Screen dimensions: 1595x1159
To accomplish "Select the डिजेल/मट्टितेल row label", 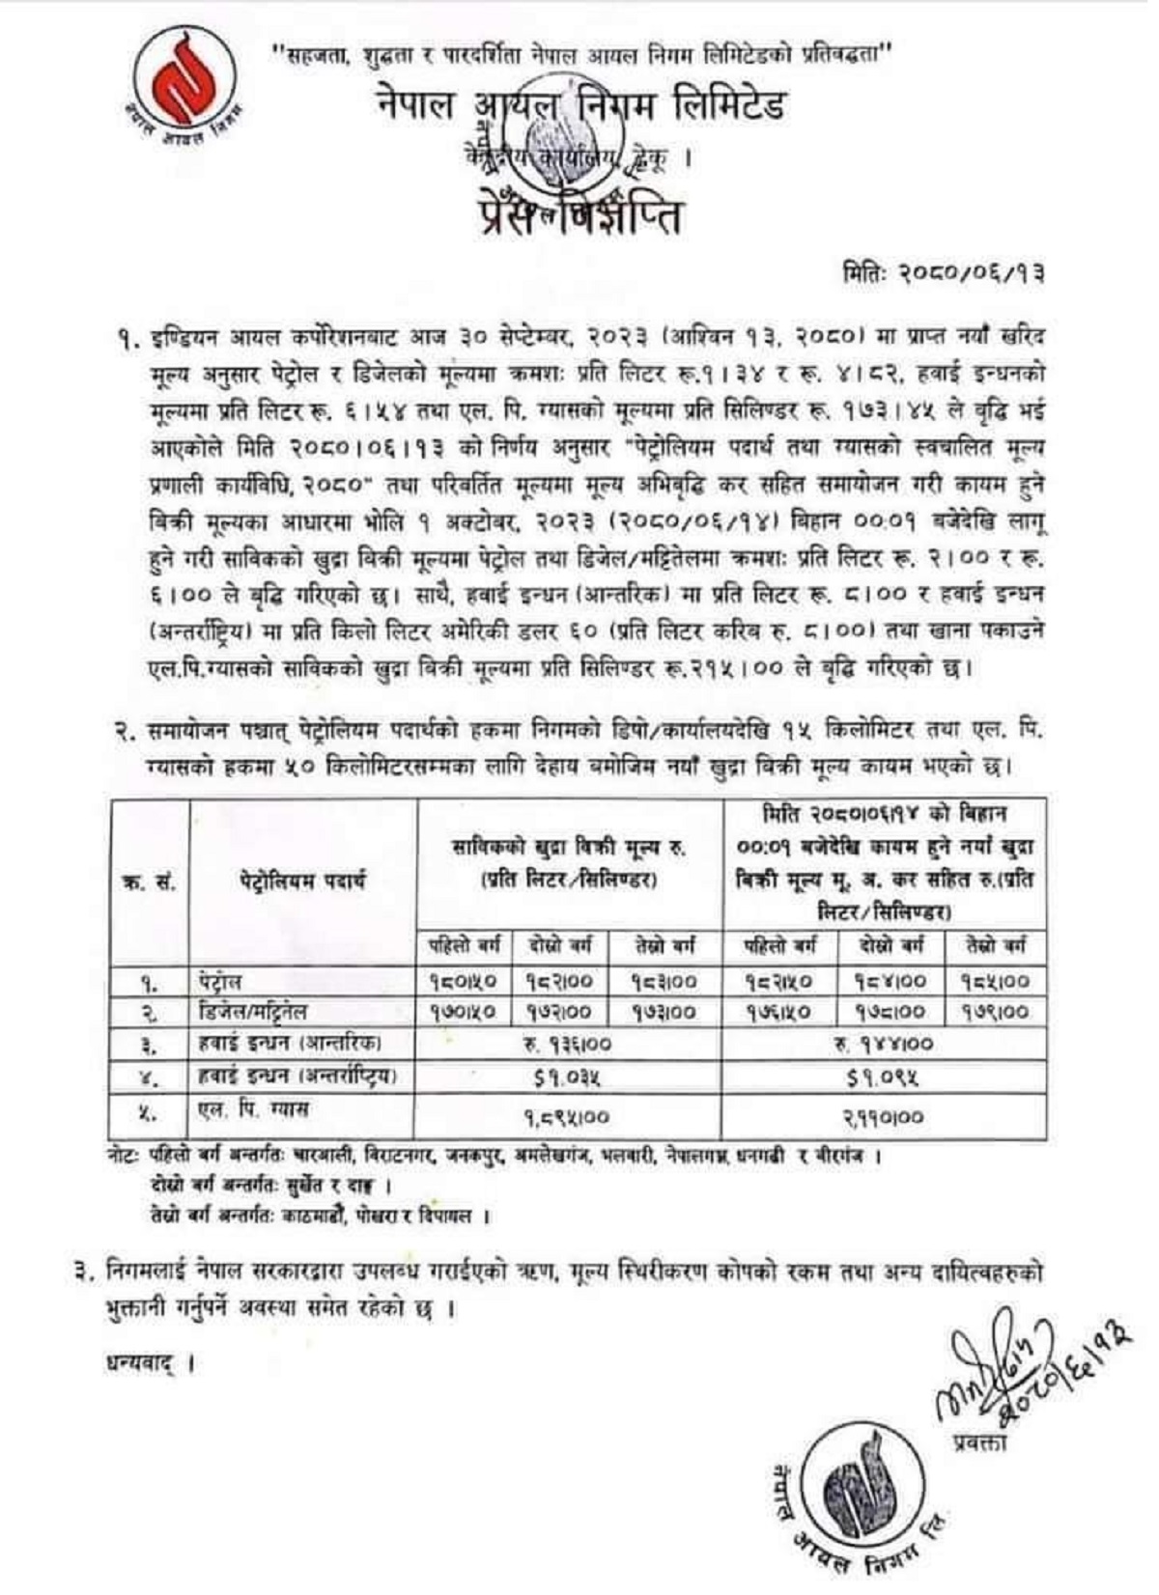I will [x=248, y=1012].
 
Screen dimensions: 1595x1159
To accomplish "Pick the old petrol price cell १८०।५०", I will [x=465, y=982].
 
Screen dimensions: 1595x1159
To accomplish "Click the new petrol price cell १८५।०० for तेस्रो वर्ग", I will [x=995, y=982].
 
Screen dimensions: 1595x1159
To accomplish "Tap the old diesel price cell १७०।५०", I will [x=465, y=1012].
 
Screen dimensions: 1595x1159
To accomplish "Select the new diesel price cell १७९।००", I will [x=995, y=1012].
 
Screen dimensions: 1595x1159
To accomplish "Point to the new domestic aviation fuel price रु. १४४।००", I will [x=883, y=1045].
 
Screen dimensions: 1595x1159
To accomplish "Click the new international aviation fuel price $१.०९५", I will [x=883, y=1077].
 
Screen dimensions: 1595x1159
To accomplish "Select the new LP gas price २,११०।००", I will [x=883, y=1117].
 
